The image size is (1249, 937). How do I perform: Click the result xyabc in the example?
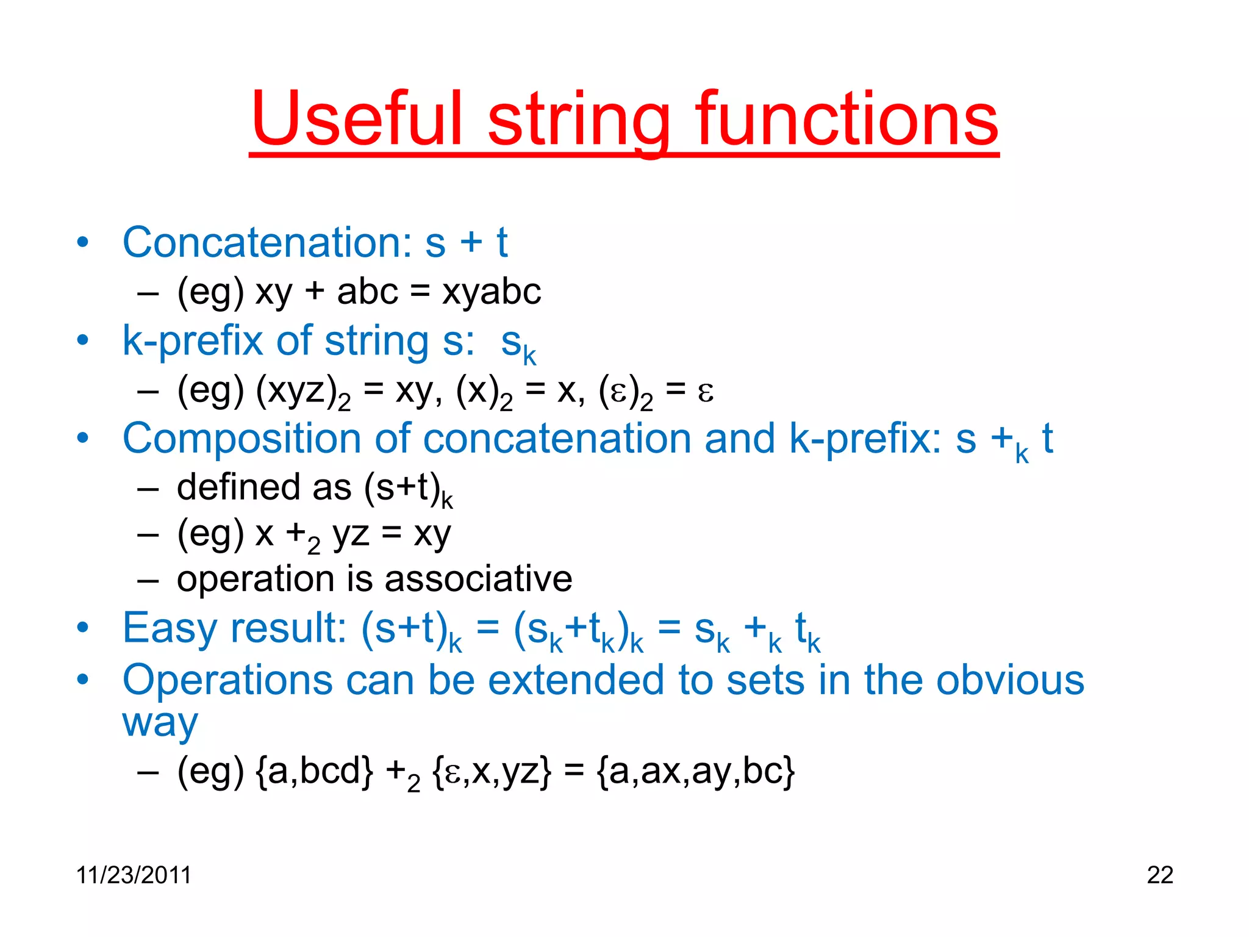click(x=492, y=292)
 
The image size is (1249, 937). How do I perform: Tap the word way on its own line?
click(x=160, y=724)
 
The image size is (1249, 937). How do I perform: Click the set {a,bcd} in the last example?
click(x=314, y=772)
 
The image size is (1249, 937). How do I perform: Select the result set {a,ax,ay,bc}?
click(x=696, y=772)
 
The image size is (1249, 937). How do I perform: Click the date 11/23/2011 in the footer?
click(x=134, y=875)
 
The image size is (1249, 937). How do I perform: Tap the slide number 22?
click(x=1159, y=875)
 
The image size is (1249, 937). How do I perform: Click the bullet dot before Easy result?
click(x=83, y=628)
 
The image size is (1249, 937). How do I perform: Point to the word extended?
click(x=576, y=680)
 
